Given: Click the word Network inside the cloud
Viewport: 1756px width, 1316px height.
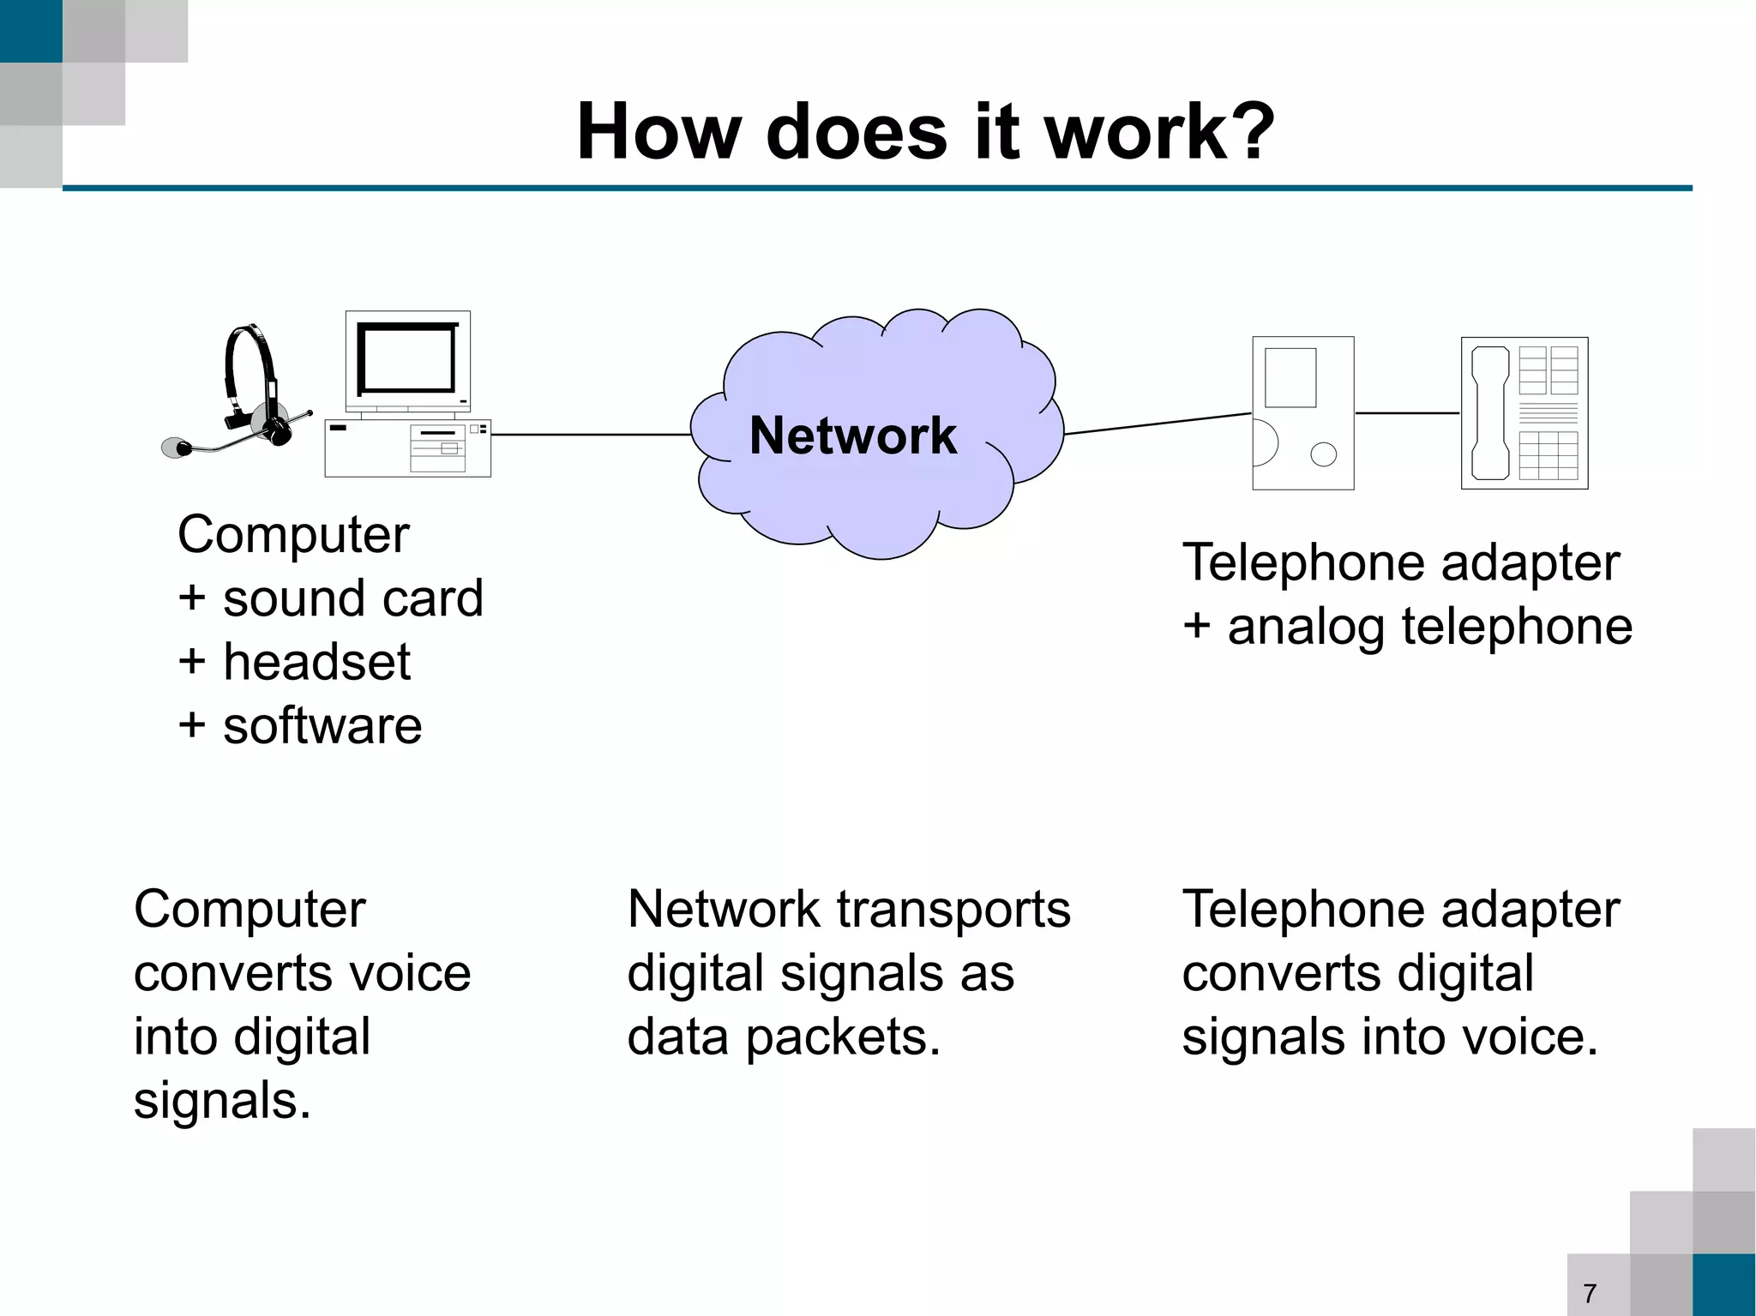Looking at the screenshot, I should (852, 436).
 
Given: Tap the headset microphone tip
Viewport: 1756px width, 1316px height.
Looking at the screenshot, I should (177, 448).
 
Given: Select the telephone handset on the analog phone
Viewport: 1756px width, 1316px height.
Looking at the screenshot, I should (1490, 413).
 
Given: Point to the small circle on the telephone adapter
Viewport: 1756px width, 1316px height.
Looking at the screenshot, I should (1323, 454).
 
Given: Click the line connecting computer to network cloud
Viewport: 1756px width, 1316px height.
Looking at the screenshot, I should (592, 435).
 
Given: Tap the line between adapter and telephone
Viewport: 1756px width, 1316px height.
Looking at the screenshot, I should (1407, 413).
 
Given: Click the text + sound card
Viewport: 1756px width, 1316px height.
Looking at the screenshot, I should (330, 598).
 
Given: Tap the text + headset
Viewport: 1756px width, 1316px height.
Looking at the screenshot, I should (294, 662).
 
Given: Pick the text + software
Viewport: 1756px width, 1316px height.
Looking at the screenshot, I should (299, 725).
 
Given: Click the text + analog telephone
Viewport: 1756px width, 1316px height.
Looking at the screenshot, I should (1407, 626).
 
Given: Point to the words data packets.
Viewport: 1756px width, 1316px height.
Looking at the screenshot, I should (783, 1037).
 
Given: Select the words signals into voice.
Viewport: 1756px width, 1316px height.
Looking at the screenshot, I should (1389, 1037).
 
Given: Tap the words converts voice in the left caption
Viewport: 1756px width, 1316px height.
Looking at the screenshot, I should (302, 973).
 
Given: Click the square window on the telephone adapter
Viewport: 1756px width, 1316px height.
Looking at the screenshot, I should (1290, 377).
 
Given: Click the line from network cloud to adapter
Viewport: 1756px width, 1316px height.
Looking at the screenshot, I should (1158, 424).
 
